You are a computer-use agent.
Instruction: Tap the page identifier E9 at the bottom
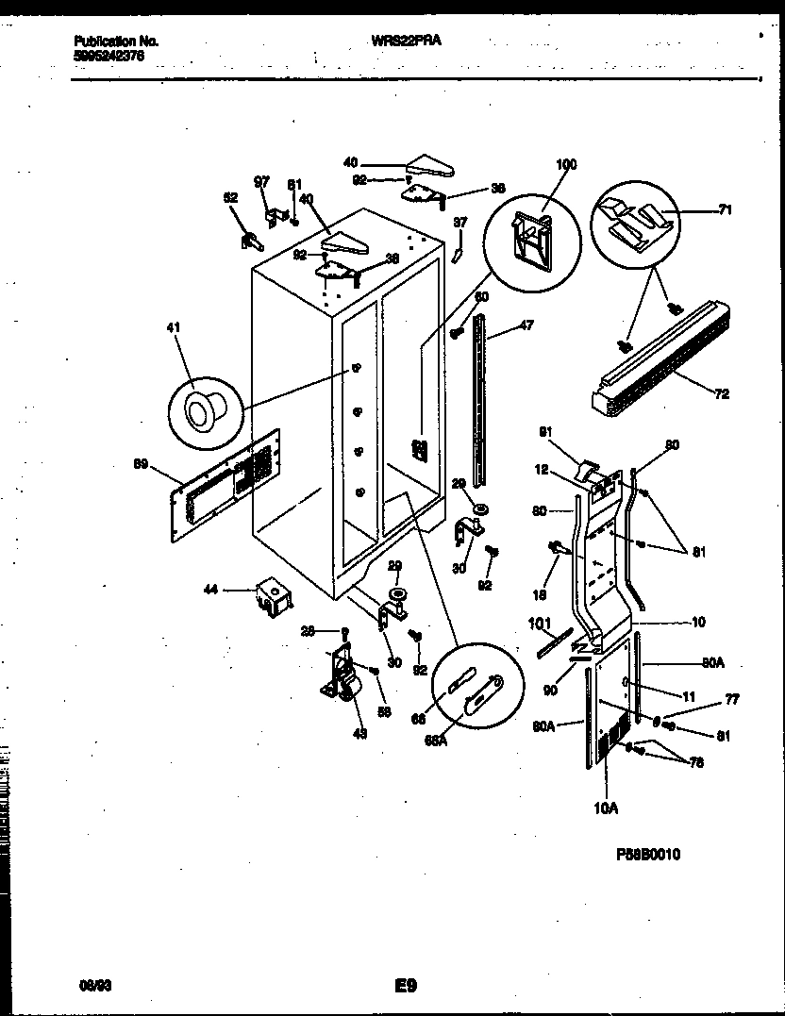coord(406,987)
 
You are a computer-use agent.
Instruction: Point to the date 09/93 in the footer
coord(91,987)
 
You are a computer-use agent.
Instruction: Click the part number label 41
coord(173,327)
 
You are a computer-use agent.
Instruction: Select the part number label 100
coord(565,165)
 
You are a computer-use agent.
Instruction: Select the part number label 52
coord(230,198)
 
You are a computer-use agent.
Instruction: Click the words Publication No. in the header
coord(116,42)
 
